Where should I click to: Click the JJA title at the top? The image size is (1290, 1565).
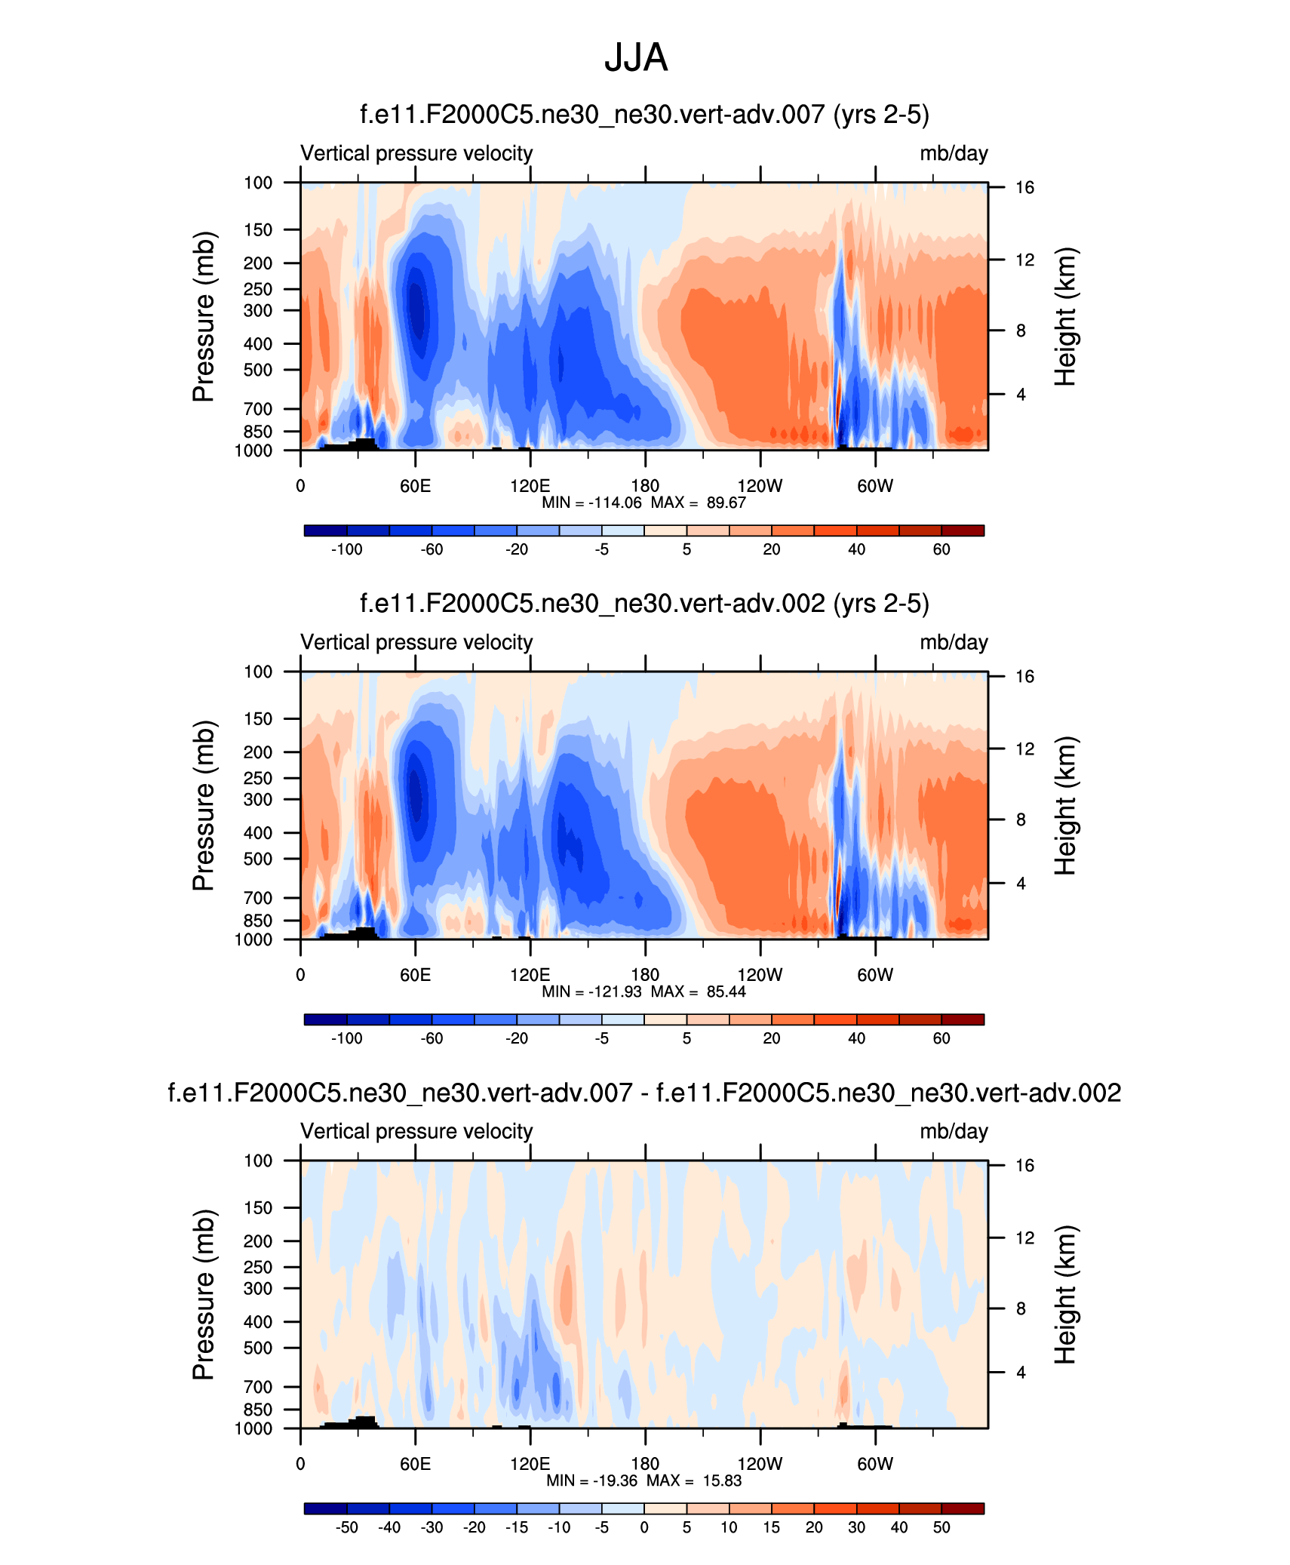[636, 58]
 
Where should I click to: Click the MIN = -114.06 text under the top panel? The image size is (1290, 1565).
[591, 503]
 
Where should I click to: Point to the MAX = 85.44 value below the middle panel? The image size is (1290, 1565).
[699, 992]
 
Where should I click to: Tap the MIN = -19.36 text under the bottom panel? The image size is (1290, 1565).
[592, 1480]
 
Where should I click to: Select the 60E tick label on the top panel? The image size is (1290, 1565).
[415, 486]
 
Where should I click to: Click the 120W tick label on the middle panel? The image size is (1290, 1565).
[760, 975]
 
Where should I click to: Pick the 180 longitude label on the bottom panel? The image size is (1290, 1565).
[645, 1464]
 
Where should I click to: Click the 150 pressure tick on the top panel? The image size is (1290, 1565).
[257, 229]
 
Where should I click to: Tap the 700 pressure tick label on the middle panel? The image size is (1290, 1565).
[257, 898]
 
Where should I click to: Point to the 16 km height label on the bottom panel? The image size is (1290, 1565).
[1024, 1166]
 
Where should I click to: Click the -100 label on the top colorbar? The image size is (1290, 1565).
[347, 549]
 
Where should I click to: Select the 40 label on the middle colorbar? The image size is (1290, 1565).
[856, 1038]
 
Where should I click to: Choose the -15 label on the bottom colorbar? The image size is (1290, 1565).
[517, 1527]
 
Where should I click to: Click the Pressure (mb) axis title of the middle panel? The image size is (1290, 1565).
[204, 805]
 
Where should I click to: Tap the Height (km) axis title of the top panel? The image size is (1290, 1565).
[1065, 316]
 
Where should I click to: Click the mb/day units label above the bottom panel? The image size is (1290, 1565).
[954, 1131]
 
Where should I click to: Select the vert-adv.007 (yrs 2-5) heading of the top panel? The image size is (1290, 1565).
[644, 115]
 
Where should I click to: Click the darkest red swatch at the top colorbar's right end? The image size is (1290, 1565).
[963, 530]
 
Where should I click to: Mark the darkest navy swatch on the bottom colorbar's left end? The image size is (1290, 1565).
[326, 1508]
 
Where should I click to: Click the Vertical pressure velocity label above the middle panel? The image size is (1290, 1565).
[416, 642]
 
